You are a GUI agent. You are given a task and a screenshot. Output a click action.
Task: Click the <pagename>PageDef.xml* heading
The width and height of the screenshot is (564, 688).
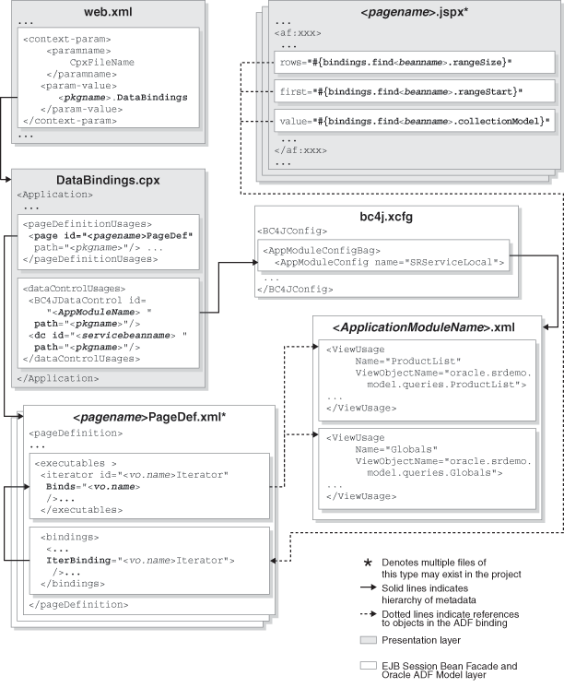(141, 418)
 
